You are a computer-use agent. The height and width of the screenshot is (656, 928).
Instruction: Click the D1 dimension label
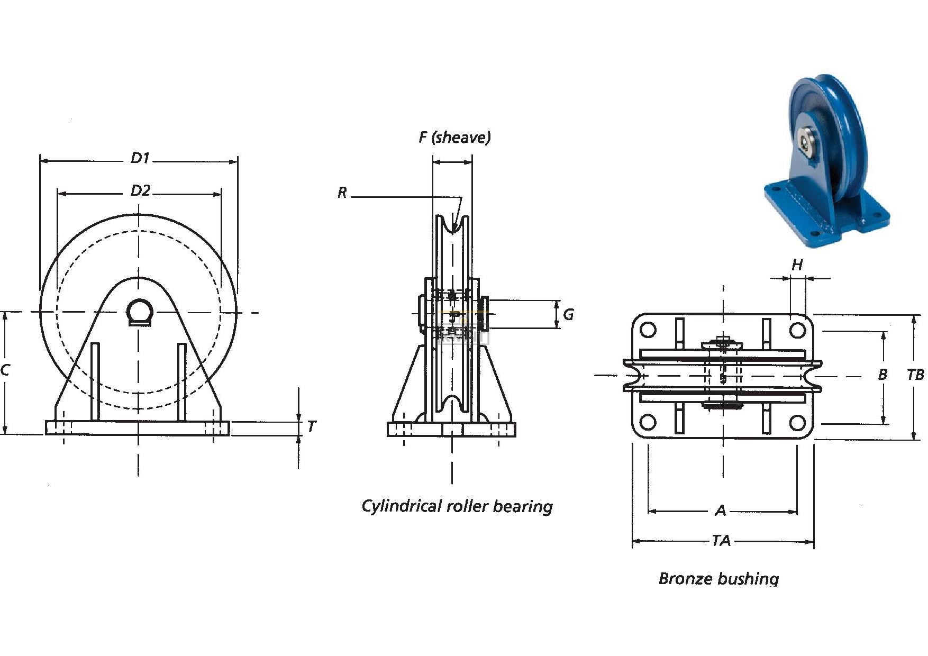click(140, 158)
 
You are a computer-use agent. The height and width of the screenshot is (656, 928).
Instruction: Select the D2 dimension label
click(140, 190)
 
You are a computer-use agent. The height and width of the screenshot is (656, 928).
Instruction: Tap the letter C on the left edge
click(5, 370)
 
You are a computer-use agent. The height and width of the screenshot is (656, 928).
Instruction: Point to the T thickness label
click(312, 426)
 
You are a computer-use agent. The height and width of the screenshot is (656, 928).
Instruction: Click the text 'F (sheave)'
click(454, 138)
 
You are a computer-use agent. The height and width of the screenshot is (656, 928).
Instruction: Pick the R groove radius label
click(342, 193)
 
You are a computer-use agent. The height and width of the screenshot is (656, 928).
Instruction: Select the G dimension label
click(568, 315)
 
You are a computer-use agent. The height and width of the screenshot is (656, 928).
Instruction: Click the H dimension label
click(797, 265)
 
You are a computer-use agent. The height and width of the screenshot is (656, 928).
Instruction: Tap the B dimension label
click(882, 375)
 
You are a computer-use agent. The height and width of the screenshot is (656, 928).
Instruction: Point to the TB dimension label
click(915, 375)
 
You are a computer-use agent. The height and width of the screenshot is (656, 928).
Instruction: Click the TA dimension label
click(721, 541)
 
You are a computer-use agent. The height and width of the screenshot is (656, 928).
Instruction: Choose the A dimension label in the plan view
click(721, 511)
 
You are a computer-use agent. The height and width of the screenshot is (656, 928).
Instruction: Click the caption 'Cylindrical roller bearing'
click(457, 506)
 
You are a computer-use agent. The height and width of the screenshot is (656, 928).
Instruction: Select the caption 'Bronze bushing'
click(718, 578)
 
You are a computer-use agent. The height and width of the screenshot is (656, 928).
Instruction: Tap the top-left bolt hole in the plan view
click(648, 330)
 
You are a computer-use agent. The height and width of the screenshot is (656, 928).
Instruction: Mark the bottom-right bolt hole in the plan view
click(797, 423)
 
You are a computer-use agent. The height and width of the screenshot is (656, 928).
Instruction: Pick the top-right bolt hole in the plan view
click(797, 330)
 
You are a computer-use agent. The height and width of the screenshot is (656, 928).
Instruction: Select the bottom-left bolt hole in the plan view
click(648, 423)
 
